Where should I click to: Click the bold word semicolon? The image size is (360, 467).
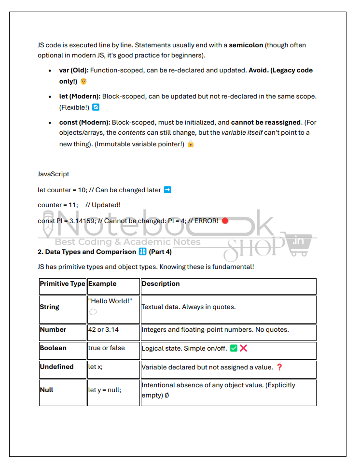[x=246, y=45]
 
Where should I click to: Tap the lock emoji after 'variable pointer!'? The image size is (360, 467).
[x=191, y=144]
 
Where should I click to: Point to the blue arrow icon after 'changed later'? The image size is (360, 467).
[x=167, y=190]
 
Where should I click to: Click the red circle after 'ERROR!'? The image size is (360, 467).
[x=225, y=221]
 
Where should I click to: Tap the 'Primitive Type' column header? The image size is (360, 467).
[x=62, y=284]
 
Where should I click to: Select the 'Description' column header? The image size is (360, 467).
[x=161, y=284]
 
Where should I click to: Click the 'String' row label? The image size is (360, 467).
[x=50, y=307]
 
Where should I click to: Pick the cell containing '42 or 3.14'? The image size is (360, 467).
[x=103, y=330]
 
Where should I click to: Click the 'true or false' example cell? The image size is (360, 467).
[x=106, y=348]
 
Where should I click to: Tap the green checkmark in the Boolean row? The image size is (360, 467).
[x=234, y=348]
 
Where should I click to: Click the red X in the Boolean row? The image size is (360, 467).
[x=243, y=348]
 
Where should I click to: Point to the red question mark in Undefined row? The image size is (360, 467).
[x=279, y=367]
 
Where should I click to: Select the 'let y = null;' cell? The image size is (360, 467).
[x=105, y=390]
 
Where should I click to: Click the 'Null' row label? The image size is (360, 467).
[x=46, y=390]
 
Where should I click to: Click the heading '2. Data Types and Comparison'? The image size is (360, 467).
[x=87, y=252]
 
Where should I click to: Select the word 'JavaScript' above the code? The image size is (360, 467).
[x=54, y=174]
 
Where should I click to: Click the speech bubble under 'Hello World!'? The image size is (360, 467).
[x=93, y=312]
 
